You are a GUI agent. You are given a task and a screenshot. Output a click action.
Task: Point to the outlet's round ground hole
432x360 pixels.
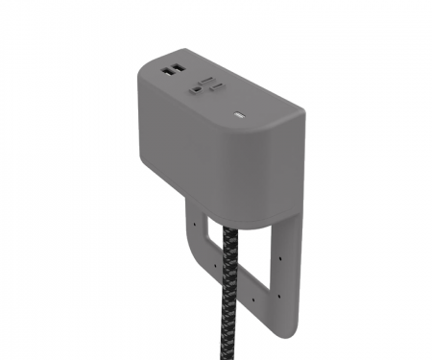point(196,87)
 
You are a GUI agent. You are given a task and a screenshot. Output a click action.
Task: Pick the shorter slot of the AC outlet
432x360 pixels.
point(216,87)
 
